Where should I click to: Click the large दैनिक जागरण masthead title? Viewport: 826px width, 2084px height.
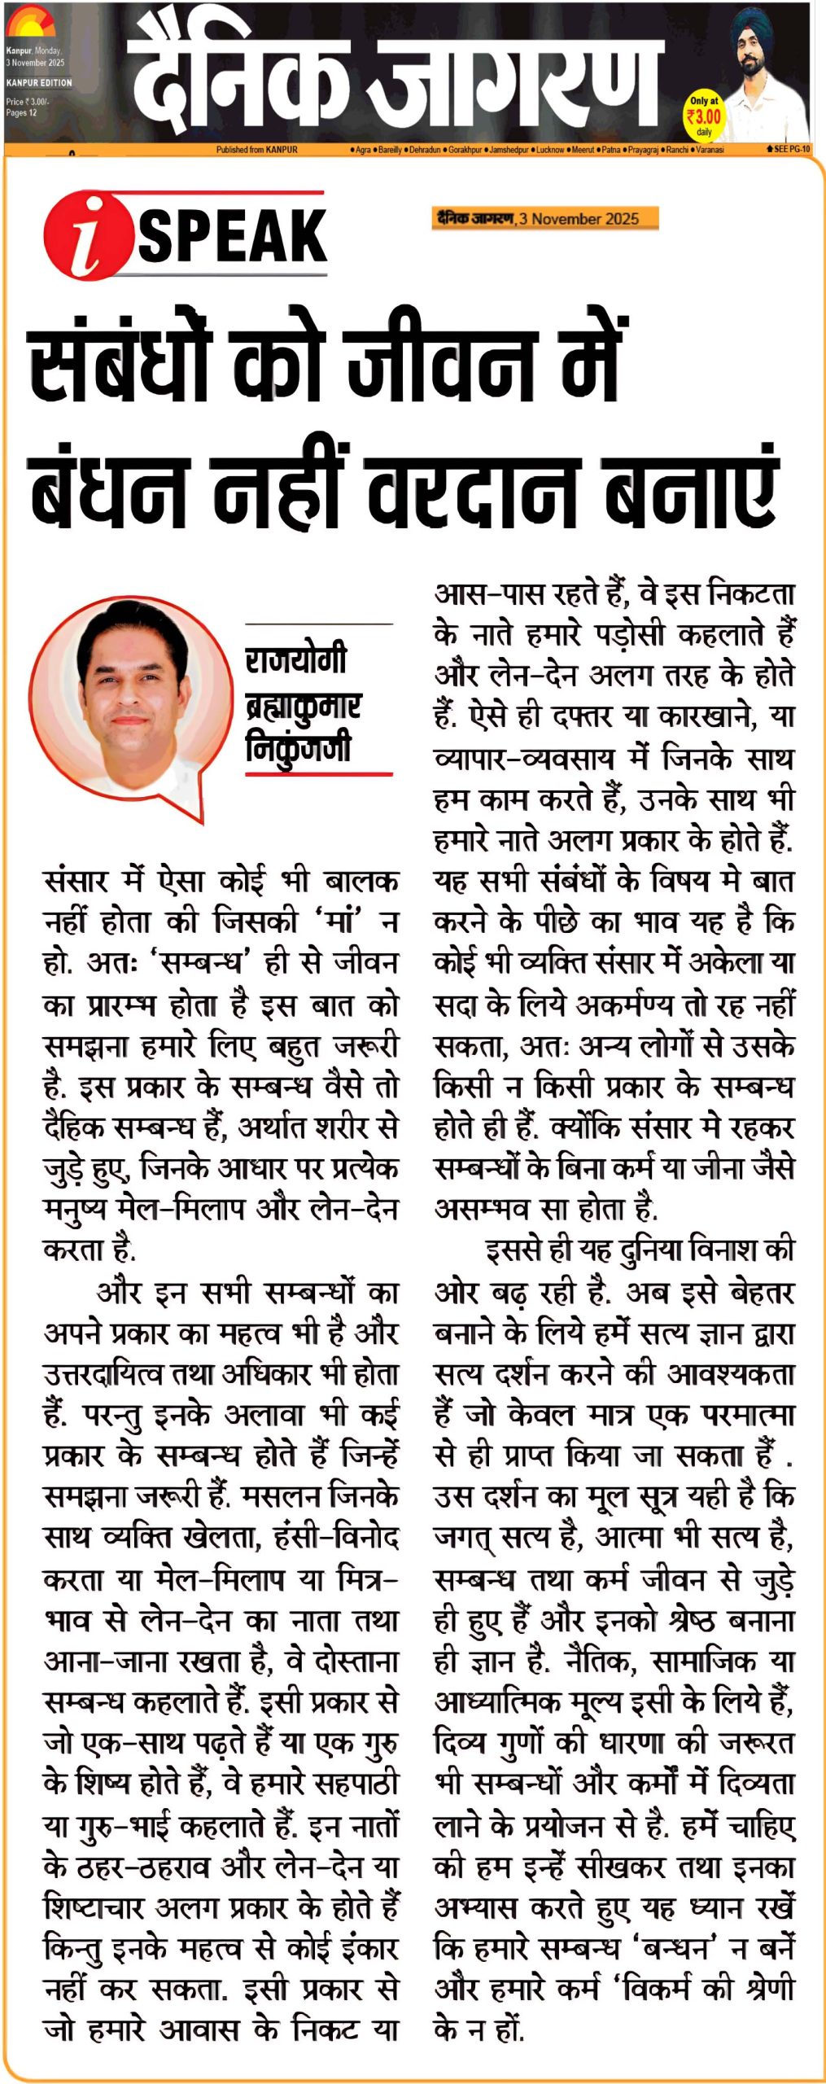(395, 77)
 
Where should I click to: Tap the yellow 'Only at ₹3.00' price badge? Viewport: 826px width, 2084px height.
(703, 116)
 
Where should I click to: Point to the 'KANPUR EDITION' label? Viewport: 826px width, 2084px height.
(39, 83)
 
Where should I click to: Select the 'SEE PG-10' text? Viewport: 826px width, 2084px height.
(790, 150)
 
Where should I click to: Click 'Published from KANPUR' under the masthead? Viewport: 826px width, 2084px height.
(256, 150)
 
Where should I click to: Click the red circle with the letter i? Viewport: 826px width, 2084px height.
(88, 235)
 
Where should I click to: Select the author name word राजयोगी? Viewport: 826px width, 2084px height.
(296, 659)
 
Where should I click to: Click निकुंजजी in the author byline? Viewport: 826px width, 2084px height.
(298, 746)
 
